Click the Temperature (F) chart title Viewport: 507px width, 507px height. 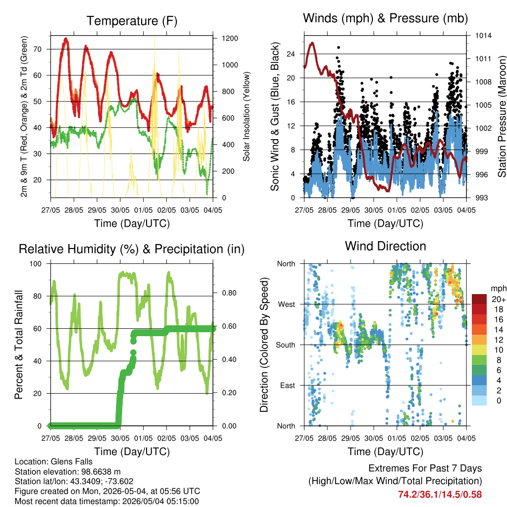pyautogui.click(x=132, y=21)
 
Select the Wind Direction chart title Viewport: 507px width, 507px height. pyautogui.click(x=385, y=246)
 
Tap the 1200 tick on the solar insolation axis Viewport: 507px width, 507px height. pyautogui.click(x=230, y=39)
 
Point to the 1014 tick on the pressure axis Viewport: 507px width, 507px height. pyautogui.click(x=483, y=36)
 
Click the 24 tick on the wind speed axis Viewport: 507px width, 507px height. pyautogui.click(x=291, y=54)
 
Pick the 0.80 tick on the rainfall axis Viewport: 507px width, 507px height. pyautogui.click(x=229, y=293)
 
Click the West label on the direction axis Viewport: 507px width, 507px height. pyautogui.click(x=287, y=304)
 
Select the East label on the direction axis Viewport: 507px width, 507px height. pyautogui.click(x=288, y=385)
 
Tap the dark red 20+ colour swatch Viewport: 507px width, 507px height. pyautogui.click(x=479, y=299)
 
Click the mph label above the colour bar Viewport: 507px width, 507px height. pyautogui.click(x=498, y=289)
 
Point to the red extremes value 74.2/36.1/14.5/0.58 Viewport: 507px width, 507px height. pyautogui.click(x=440, y=495)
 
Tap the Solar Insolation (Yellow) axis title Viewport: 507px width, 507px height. pyautogui.click(x=247, y=116)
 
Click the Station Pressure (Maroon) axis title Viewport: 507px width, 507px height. pyautogui.click(x=502, y=116)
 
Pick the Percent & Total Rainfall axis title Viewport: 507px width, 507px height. pyautogui.click(x=19, y=345)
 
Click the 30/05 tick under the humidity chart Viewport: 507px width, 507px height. pyautogui.click(x=120, y=438)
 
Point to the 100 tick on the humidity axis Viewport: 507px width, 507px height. pyautogui.click(x=36, y=264)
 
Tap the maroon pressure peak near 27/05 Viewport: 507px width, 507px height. pyautogui.click(x=312, y=43)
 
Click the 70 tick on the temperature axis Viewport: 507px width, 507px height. pyautogui.click(x=38, y=50)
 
